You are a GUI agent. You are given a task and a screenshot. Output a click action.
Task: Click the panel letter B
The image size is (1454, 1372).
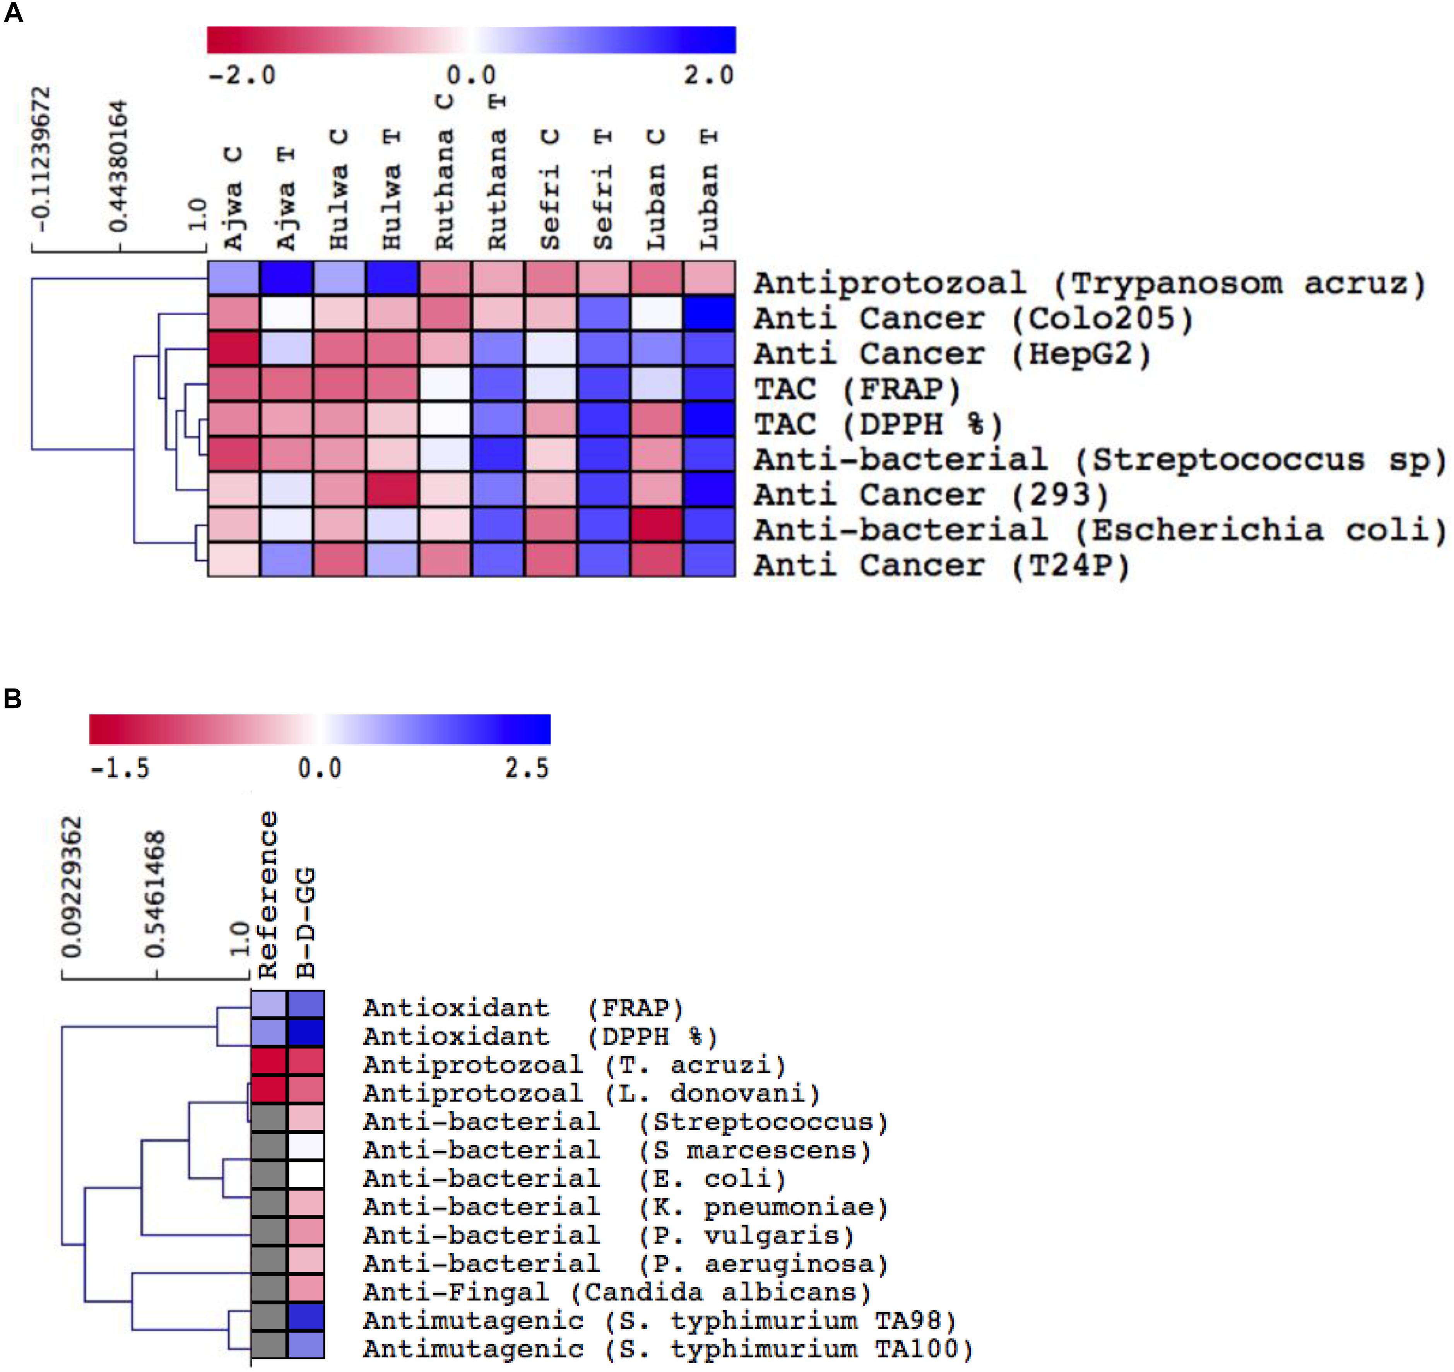coord(12,699)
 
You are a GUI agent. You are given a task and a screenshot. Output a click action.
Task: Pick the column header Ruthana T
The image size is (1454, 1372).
coord(497,172)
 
